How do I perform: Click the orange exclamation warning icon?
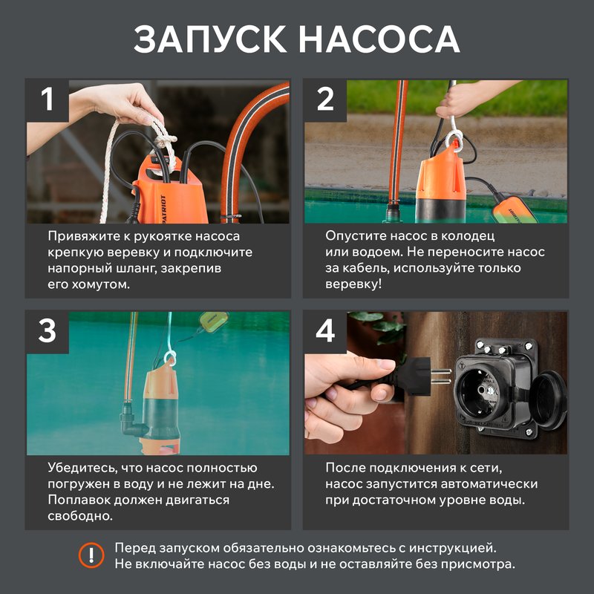pos(91,555)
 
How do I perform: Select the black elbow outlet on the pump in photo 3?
pos(129,428)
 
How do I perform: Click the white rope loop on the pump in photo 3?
pos(169,359)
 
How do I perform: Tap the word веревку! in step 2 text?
pos(353,284)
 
